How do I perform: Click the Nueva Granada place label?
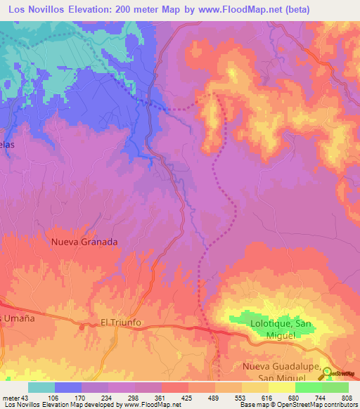click(84, 241)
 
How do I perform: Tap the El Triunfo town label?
click(121, 323)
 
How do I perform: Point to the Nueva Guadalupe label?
click(281, 368)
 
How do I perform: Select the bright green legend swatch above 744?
click(308, 387)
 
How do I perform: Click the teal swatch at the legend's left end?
click(41, 387)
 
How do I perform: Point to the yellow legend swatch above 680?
click(281, 387)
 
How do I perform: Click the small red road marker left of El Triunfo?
click(83, 327)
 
